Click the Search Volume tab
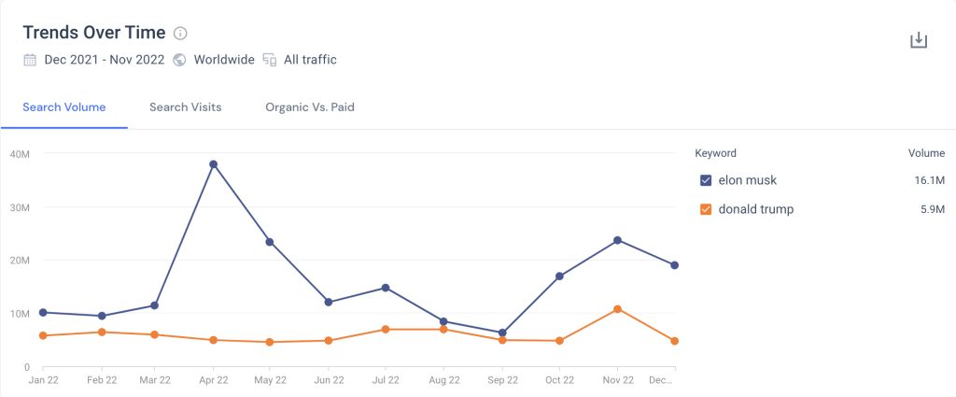coord(63,107)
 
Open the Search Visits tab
coord(185,107)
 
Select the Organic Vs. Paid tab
coord(309,107)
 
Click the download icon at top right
coord(919,40)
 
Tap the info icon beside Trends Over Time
coord(180,34)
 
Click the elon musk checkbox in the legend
coord(706,180)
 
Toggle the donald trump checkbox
coord(706,209)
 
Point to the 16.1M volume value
coord(929,180)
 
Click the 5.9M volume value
coord(932,209)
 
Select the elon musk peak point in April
coord(214,164)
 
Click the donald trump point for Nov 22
coord(617,309)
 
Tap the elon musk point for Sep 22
coord(502,333)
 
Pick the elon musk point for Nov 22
coord(617,240)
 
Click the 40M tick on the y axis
coord(20,154)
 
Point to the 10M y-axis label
coord(20,314)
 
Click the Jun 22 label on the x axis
coord(329,380)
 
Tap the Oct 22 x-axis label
coord(559,380)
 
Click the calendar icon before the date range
coord(30,60)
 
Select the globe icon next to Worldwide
coord(179,60)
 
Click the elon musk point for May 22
coord(271,242)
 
